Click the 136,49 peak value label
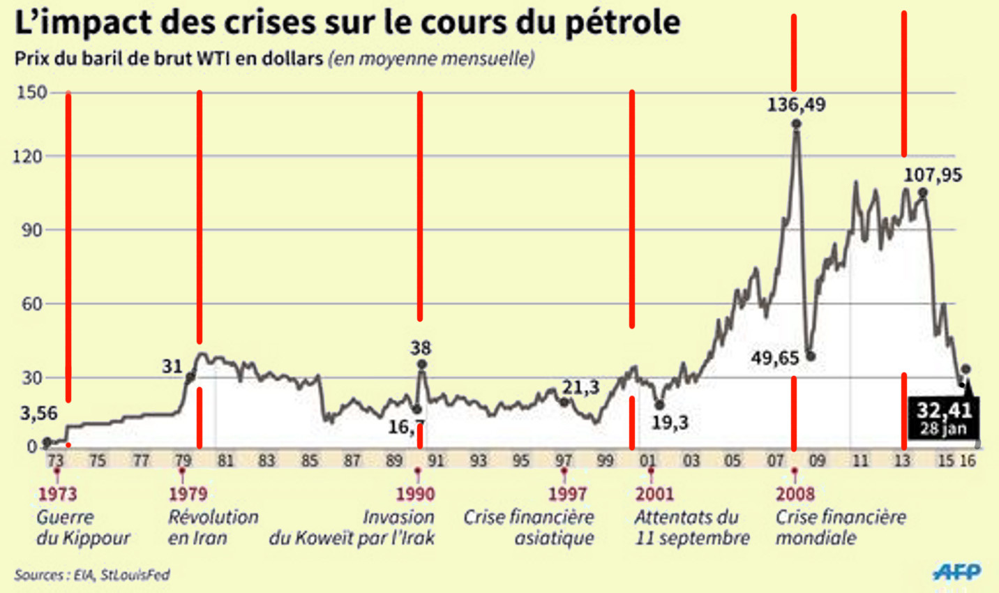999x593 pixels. [796, 105]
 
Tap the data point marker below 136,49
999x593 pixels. [796, 124]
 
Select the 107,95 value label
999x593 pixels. [933, 174]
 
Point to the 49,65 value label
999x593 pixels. [774, 358]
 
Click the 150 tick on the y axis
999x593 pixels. [31, 92]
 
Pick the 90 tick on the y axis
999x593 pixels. [32, 230]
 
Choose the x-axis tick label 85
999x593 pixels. [310, 460]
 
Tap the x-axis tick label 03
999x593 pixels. [691, 460]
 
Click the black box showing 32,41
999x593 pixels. [943, 418]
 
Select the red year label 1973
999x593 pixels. [57, 495]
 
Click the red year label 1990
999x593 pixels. [415, 495]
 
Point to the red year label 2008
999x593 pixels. [795, 495]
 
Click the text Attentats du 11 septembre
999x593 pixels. [691, 527]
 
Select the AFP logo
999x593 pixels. [957, 573]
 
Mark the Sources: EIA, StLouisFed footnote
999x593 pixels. [91, 576]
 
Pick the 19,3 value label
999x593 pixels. [670, 422]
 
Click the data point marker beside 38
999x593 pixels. [422, 364]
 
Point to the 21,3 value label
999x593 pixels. [580, 387]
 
